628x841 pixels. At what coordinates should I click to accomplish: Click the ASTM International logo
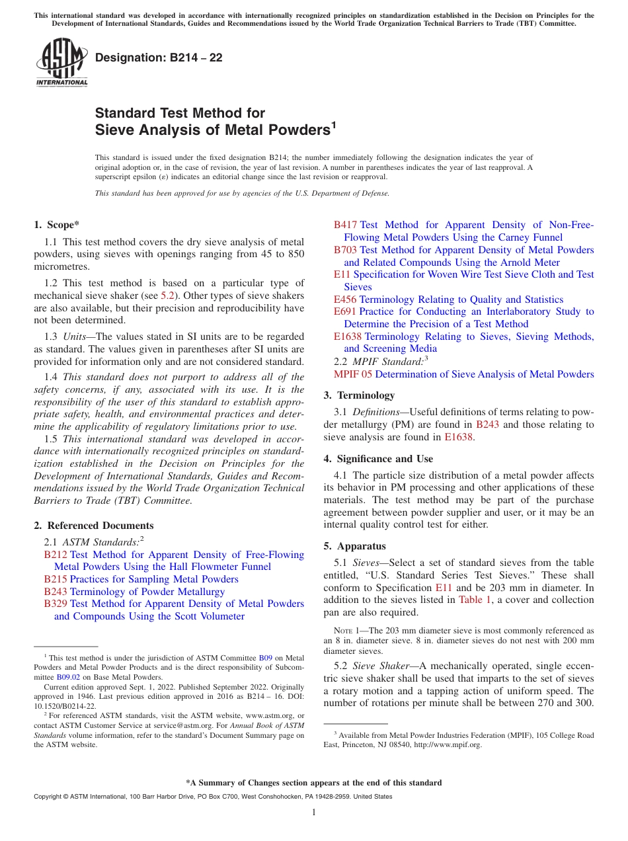tap(61, 62)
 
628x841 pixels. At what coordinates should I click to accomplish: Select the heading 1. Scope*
tap(57, 225)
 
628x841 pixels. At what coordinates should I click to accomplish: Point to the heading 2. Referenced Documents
tap(94, 526)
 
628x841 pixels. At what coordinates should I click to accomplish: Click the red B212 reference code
tap(56, 555)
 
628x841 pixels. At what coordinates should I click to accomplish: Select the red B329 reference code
tap(56, 604)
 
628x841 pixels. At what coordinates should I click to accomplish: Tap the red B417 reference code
tap(346, 225)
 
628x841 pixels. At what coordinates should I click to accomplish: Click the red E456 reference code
tap(345, 300)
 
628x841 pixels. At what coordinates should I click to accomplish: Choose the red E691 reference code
tap(345, 311)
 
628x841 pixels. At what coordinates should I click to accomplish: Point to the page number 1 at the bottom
tap(314, 813)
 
